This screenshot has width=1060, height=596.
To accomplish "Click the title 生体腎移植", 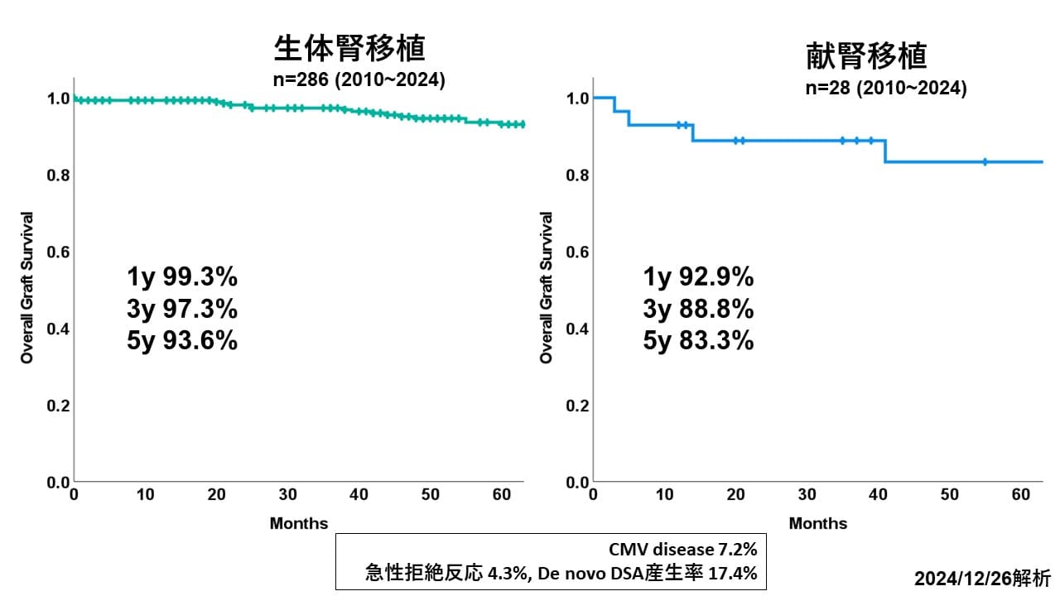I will coord(349,49).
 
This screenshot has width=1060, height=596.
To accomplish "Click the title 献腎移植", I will coord(866,55).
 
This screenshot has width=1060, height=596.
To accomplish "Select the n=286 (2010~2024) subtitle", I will coord(359,80).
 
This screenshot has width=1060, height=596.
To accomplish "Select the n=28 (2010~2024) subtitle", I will coord(885,88).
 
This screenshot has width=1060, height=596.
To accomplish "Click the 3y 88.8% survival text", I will coord(698,309).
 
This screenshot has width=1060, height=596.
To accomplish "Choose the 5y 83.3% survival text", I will coord(698,339).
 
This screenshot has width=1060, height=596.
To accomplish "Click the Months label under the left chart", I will coord(298,523).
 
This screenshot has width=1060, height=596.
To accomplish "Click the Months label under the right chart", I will coord(817,523).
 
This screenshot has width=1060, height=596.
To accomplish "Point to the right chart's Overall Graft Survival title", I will coord(546,287).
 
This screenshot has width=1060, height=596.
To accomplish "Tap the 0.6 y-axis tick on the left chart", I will coord(58,252).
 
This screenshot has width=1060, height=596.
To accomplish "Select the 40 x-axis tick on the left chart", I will coord(359,495).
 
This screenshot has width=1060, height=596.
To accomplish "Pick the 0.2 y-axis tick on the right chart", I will coord(577,406).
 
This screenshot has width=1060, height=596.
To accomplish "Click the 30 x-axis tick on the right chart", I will coord(807,495).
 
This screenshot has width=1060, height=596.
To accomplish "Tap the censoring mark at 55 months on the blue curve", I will coord(985,161).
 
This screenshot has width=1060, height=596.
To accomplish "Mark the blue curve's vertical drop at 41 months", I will coord(885,151).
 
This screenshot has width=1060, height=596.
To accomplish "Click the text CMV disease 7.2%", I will coord(682,549).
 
